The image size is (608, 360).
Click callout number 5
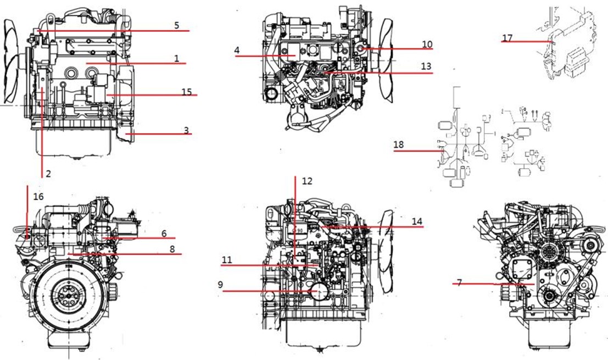[x=176, y=26]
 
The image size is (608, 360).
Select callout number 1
[x=177, y=59]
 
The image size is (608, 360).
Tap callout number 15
[x=187, y=92]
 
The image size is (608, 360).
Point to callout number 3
[x=187, y=130]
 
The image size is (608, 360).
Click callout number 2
[x=48, y=174]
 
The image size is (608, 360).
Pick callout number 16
[x=38, y=197]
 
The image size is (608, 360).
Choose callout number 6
[x=164, y=234]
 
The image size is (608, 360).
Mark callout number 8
[x=172, y=249]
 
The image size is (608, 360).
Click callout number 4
[x=237, y=51]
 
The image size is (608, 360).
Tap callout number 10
[x=427, y=44]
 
